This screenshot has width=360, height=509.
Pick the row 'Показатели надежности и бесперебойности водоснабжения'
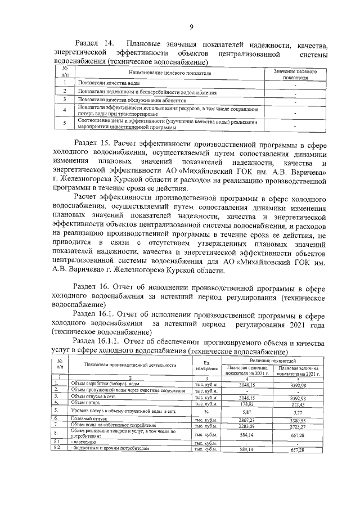pyautogui.click(x=147, y=91)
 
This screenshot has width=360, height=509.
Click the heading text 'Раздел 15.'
pyautogui.click(x=93, y=143)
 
